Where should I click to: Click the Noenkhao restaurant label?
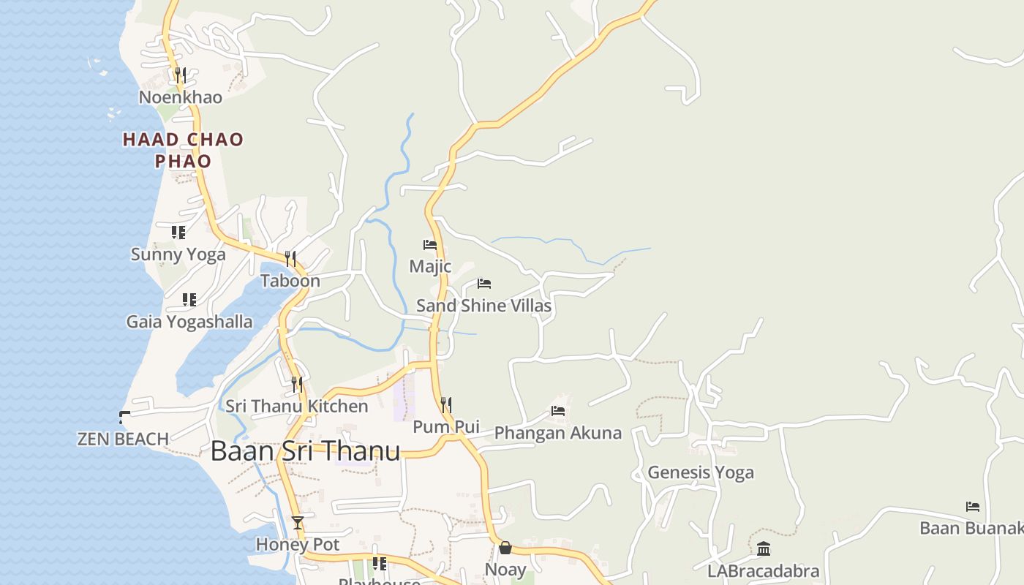point(181,97)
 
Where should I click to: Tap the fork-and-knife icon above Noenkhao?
point(181,74)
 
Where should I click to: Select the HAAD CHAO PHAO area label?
point(183,150)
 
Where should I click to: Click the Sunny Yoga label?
point(178,254)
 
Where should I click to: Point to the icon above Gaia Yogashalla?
point(189,299)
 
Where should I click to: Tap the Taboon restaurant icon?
point(290,258)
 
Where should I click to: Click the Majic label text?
point(430,266)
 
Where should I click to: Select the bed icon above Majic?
point(430,244)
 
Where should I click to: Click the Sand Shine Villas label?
point(483,306)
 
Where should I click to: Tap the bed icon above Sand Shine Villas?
point(484,284)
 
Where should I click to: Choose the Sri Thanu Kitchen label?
point(296,406)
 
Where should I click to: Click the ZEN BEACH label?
point(123,439)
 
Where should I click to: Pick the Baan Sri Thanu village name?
point(305,451)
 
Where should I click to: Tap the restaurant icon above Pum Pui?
point(446,404)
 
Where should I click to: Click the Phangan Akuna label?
point(557,433)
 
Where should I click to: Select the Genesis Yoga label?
point(700,472)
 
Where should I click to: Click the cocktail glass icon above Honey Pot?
point(298,522)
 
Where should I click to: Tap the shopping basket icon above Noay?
point(505,548)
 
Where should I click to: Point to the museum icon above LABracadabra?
point(764,548)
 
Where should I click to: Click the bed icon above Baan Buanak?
point(973,506)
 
